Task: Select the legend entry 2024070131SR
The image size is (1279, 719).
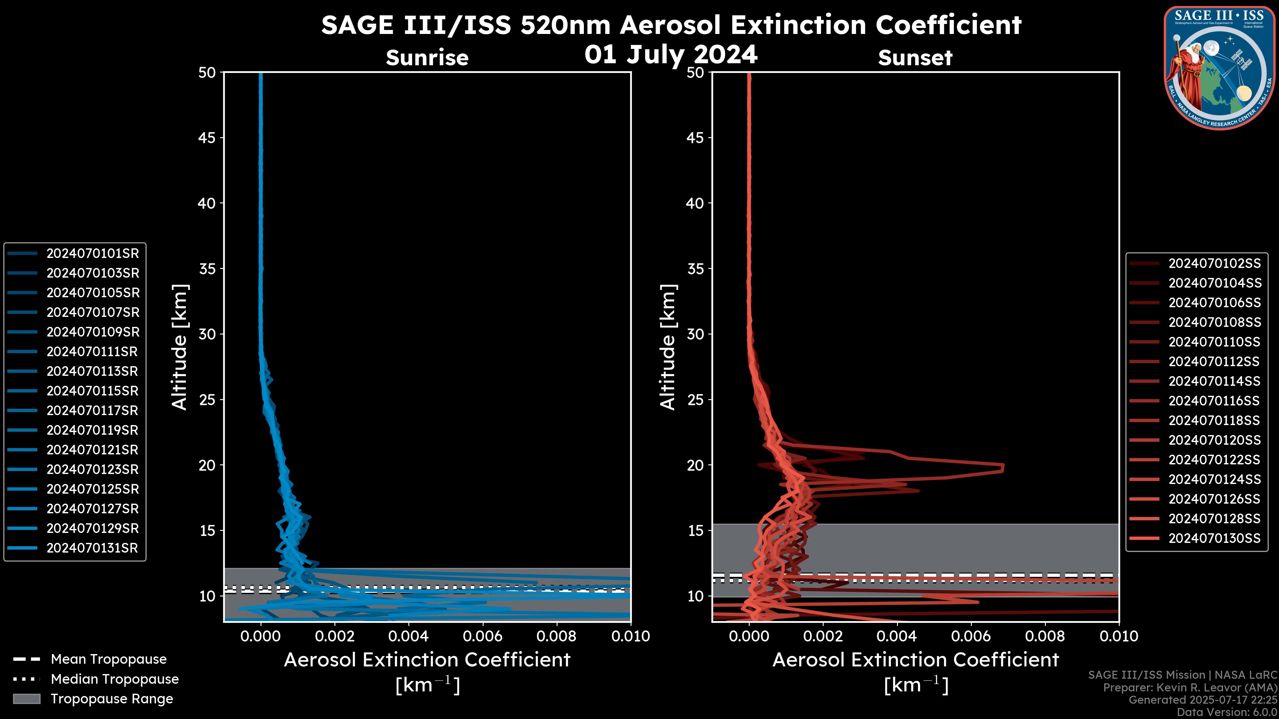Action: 92,548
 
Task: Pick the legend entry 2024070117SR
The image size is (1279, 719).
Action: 92,411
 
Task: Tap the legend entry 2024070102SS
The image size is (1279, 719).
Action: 1214,264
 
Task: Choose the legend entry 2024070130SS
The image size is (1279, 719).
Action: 1214,538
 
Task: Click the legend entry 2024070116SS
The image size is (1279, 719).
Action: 1214,401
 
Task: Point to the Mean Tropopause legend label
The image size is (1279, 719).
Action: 109,659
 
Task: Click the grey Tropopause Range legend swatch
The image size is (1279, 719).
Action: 26,699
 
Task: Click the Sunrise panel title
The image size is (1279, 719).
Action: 427,58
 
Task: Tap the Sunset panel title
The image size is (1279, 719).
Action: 915,58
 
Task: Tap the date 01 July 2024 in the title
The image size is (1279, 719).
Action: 671,55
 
